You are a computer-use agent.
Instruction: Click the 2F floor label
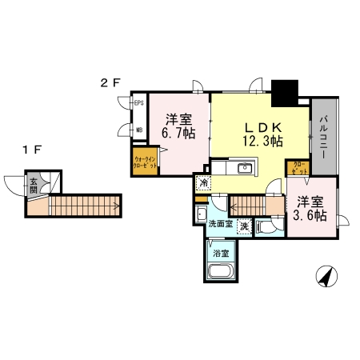coord(110,82)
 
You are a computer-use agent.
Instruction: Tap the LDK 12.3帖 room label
coord(262,133)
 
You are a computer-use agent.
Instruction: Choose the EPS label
coord(138,103)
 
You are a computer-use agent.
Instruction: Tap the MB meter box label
coord(138,130)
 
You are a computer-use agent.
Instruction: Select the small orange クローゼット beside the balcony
coord(298,168)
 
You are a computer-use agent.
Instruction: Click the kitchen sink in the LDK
coord(245,169)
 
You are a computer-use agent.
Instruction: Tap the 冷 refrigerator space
coord(204,183)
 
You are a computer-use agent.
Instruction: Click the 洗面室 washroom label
coord(220,225)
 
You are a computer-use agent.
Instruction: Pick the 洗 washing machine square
coord(242,225)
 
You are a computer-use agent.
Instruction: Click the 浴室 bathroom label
coord(221,254)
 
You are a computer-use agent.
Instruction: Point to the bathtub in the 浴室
coord(221,274)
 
